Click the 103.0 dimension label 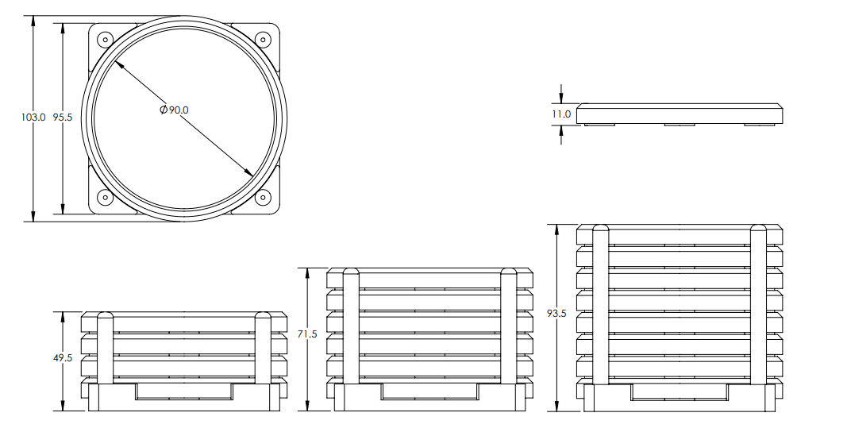click(x=33, y=118)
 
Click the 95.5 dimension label click(x=63, y=118)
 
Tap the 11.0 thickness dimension click(x=561, y=114)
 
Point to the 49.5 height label click(x=63, y=358)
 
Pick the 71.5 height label click(x=307, y=334)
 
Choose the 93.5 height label click(x=556, y=314)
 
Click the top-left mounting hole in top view click(x=104, y=38)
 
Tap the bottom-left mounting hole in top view click(x=104, y=198)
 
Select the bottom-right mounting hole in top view click(x=263, y=198)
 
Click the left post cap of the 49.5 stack click(x=105, y=317)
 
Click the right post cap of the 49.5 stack click(x=264, y=317)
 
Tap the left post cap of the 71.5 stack click(x=351, y=274)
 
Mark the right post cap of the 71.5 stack click(x=509, y=274)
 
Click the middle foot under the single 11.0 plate click(x=680, y=125)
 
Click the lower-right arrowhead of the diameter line click(x=249, y=173)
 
